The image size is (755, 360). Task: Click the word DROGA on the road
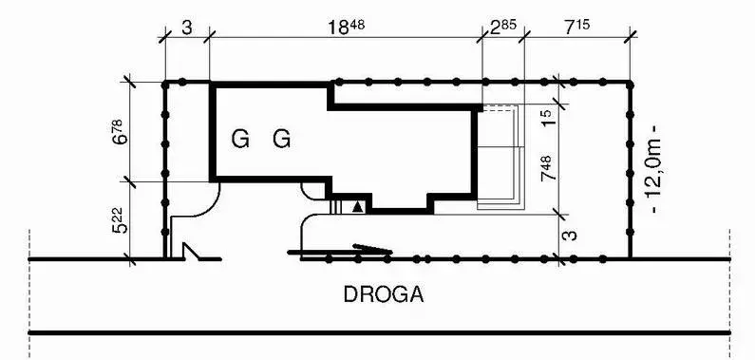click(384, 294)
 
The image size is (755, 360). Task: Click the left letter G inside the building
click(240, 140)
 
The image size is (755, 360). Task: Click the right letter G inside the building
click(282, 140)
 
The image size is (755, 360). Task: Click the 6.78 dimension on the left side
click(121, 131)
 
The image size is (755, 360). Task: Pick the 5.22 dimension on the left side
click(121, 220)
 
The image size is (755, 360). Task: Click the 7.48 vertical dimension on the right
click(548, 168)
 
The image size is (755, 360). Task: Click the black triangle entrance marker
click(357, 207)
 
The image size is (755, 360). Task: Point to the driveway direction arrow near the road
click(340, 250)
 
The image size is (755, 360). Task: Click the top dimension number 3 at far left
click(187, 28)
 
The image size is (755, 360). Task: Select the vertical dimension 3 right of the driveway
click(570, 236)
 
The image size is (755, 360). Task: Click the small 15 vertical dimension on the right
click(548, 118)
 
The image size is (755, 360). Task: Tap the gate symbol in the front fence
click(193, 252)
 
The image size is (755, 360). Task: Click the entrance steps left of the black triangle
click(336, 206)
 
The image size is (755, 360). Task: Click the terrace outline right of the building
click(500, 158)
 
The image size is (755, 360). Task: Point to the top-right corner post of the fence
click(630, 85)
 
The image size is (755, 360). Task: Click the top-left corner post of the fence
click(165, 85)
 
